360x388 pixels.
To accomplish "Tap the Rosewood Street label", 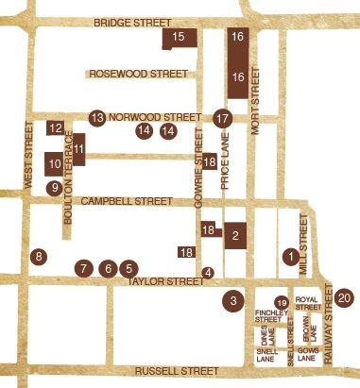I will click(x=137, y=72).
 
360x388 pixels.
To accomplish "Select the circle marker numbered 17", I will click(x=223, y=119).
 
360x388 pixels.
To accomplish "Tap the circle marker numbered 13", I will click(x=96, y=117).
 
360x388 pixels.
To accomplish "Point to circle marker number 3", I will click(x=231, y=300).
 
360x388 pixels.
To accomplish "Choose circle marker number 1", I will click(x=290, y=256).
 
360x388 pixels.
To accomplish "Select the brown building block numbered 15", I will click(x=180, y=38).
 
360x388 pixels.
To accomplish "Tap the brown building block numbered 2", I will click(x=233, y=236).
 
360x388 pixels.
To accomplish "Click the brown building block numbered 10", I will click(x=54, y=164).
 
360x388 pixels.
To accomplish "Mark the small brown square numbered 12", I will click(x=55, y=127).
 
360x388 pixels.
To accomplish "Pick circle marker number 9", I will click(x=55, y=188).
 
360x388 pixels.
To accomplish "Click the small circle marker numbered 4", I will click(x=209, y=273).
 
